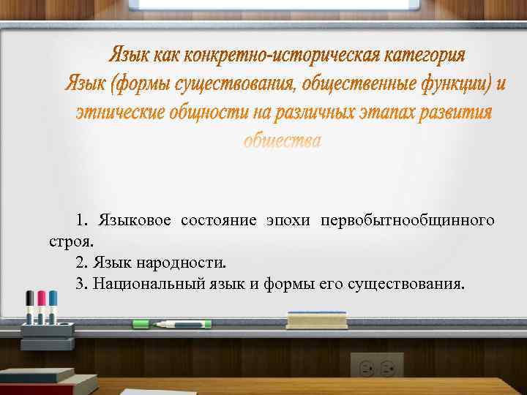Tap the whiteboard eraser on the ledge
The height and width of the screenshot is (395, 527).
point(316,320)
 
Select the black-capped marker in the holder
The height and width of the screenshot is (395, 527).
point(30,307)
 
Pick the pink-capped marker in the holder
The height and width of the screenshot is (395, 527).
point(42,307)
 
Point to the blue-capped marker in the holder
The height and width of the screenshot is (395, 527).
point(53,307)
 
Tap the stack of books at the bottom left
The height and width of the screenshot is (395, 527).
point(44,380)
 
